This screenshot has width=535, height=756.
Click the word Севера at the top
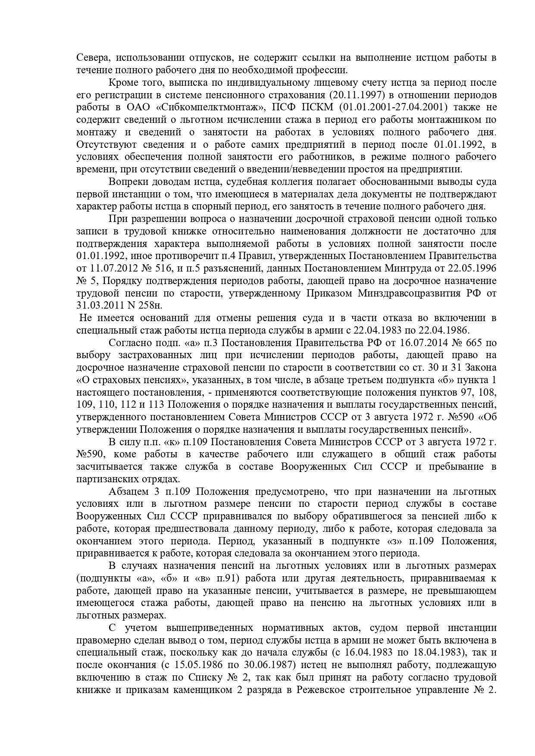tap(91, 57)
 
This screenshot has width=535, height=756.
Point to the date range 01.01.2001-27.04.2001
tap(401, 107)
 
